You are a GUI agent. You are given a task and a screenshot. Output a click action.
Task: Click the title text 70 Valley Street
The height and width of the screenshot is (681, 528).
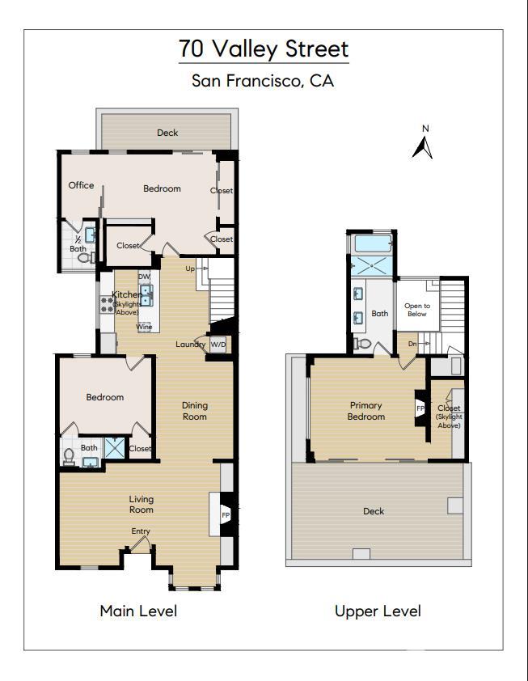264,49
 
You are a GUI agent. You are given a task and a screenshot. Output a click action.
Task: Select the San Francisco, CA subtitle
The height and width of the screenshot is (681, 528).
264,81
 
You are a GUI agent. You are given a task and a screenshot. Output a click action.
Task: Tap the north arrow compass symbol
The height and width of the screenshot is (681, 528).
423,144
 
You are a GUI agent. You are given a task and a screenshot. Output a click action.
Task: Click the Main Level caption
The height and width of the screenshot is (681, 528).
138,611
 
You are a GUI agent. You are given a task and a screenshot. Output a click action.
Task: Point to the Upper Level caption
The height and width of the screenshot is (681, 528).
378,611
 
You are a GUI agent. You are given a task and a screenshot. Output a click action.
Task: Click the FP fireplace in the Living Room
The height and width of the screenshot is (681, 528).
226,514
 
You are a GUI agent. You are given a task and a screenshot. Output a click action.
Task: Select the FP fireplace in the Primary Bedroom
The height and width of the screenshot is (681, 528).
420,408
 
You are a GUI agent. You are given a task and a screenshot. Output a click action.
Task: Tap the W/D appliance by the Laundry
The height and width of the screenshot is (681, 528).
218,345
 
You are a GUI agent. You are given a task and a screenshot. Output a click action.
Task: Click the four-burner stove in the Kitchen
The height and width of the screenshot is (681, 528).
107,305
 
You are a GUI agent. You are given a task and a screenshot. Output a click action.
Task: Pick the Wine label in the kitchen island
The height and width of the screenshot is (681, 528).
144,327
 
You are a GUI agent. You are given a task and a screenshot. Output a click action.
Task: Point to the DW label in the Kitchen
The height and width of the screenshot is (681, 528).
144,277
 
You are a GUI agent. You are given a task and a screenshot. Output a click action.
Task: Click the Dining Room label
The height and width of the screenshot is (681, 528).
194,411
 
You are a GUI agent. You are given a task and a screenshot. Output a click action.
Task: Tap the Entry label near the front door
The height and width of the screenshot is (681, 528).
141,531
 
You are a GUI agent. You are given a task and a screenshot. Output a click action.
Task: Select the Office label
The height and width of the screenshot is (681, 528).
81,185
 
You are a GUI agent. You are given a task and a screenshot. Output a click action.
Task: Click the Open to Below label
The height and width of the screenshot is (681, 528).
417,310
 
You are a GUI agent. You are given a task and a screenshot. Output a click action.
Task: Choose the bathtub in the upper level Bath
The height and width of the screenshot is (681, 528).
373,243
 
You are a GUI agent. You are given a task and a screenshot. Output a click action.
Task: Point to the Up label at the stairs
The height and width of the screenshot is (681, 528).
190,269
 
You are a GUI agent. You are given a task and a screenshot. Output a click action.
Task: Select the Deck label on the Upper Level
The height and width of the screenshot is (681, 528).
374,511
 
